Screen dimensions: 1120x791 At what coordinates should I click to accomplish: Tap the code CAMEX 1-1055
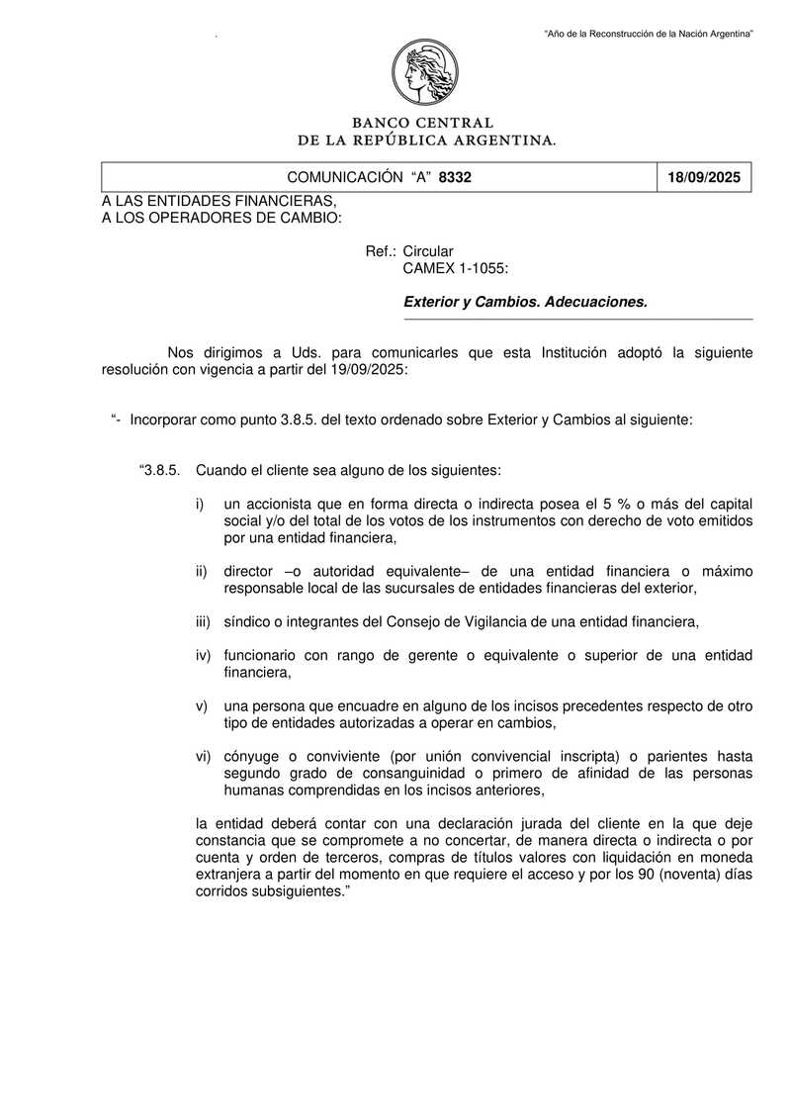coord(456,267)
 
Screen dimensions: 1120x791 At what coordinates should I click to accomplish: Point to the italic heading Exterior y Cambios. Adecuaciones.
coord(525,302)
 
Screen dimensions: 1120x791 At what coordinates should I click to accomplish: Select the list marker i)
coord(200,504)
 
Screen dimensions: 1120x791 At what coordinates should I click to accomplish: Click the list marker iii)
coord(202,621)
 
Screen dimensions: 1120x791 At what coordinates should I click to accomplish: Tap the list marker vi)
coord(202,756)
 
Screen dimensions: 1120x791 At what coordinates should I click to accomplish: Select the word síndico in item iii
coord(248,621)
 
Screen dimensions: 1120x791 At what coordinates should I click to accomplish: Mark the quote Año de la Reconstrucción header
coord(650,35)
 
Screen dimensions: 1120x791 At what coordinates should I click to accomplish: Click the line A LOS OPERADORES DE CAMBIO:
coord(221,217)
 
